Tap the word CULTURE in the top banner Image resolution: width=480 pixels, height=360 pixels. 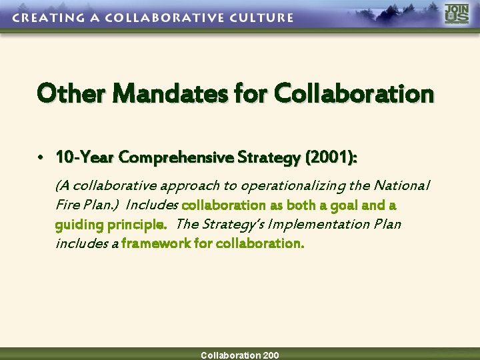[x=258, y=18]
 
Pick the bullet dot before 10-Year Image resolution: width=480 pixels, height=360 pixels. [x=41, y=158]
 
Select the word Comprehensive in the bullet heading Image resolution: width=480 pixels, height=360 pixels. [x=173, y=157]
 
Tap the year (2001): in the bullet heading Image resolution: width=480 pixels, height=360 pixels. [x=331, y=157]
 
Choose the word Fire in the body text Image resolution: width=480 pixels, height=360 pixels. [x=67, y=205]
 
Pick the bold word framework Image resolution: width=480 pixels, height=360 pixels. [x=156, y=243]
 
